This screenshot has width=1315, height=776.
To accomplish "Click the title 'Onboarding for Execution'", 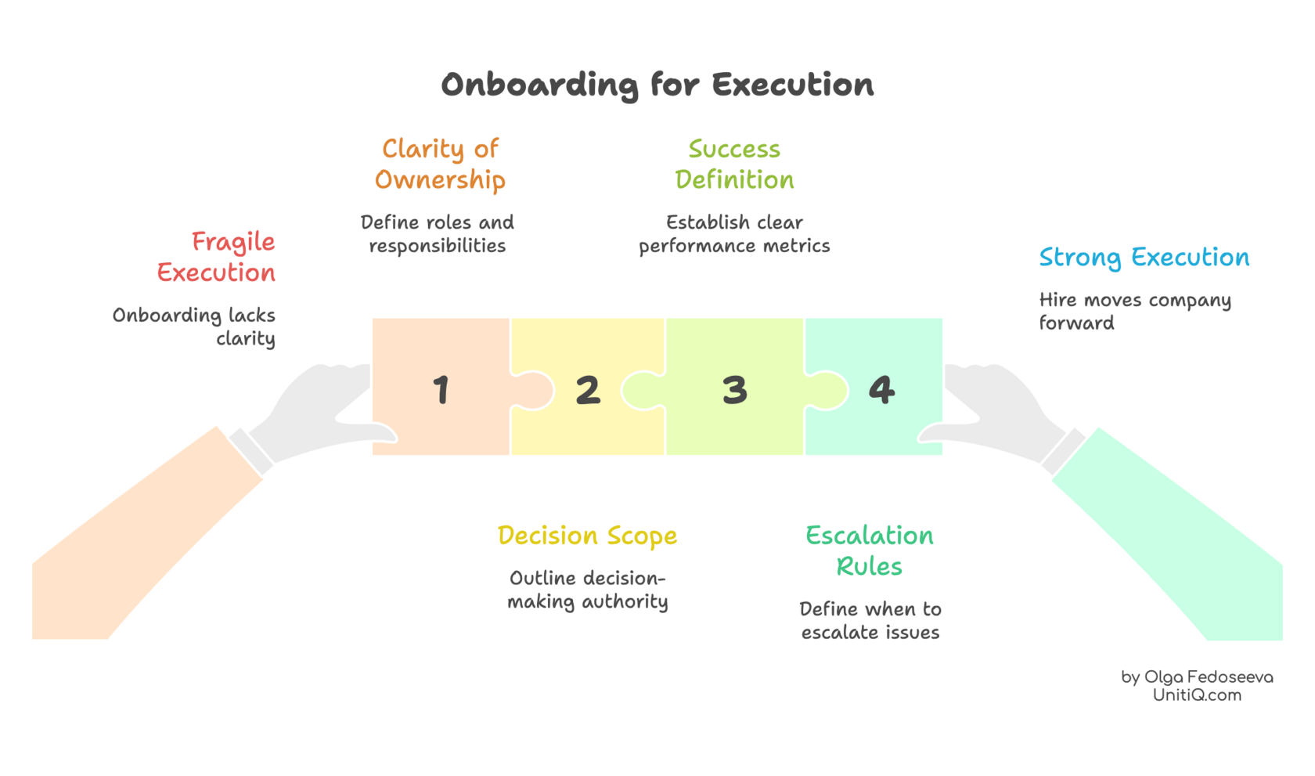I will [x=657, y=85].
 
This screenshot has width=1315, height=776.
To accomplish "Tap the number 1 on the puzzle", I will [x=441, y=389].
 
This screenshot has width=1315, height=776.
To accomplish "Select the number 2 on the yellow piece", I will [x=588, y=389].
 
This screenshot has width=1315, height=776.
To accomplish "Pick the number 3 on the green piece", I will [x=734, y=389].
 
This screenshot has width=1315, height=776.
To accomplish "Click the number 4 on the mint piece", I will [x=881, y=389].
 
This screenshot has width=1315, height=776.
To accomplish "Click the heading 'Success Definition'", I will [x=734, y=164].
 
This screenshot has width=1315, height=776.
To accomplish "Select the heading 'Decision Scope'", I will [x=587, y=536].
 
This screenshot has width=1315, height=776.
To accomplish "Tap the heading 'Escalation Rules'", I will [x=870, y=550].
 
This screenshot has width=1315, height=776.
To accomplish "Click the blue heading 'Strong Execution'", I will [x=1144, y=258].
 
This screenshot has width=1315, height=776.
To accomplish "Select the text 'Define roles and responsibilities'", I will [x=438, y=233].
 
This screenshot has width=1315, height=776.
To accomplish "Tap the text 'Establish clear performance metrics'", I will [x=734, y=233].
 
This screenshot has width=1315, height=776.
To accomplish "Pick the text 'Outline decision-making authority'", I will [x=587, y=590].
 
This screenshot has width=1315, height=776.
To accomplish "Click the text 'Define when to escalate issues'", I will [x=870, y=620].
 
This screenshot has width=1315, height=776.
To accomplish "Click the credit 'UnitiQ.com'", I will [x=1196, y=695].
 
